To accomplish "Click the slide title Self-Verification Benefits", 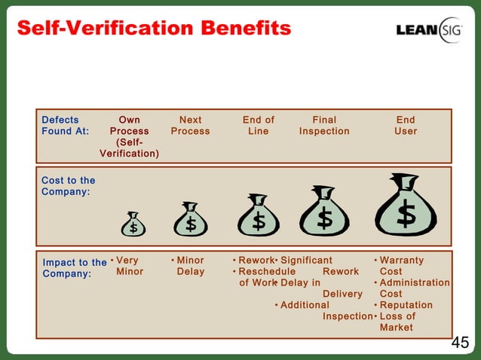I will [x=153, y=29].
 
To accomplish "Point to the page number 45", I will [x=459, y=343].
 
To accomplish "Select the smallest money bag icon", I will [x=133, y=224].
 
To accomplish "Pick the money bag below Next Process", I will [x=191, y=219].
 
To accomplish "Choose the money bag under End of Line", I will [x=259, y=216].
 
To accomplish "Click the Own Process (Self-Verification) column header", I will [x=129, y=136].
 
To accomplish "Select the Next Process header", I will [x=190, y=125].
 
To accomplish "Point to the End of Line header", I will [x=259, y=125].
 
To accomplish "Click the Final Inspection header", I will [x=324, y=125].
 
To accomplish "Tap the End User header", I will [x=406, y=125].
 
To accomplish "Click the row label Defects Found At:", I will [x=65, y=125].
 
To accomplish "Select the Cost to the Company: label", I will [x=68, y=186].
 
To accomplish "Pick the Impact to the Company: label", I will [x=74, y=268].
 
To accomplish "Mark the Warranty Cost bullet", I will [x=401, y=266].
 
